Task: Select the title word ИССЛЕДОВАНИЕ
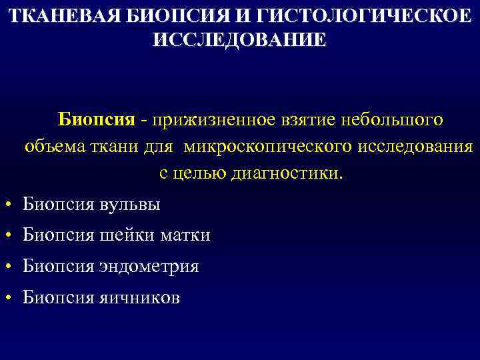click(x=240, y=39)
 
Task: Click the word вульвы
click(x=130, y=204)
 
